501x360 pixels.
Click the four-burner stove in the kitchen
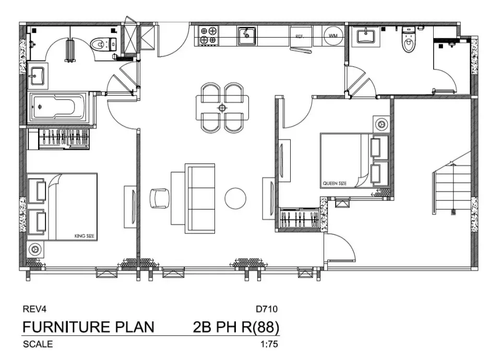(x=208, y=35)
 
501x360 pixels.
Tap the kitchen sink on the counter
(x=246, y=35)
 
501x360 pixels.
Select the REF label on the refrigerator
(x=300, y=37)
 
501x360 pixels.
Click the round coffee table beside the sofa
(x=235, y=198)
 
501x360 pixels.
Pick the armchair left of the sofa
(x=160, y=198)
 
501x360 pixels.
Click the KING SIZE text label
(x=85, y=236)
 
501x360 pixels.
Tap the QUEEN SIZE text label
(x=335, y=183)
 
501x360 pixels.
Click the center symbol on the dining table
(x=222, y=107)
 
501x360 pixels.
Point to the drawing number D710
(x=267, y=309)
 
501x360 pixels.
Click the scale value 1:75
(x=269, y=344)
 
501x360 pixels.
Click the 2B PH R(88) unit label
(x=236, y=327)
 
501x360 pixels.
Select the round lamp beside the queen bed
(x=381, y=124)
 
